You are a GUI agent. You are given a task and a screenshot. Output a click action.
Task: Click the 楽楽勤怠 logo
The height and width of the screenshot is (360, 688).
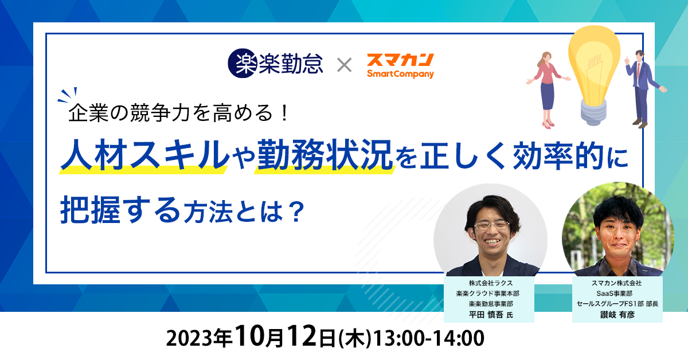[x=275, y=63]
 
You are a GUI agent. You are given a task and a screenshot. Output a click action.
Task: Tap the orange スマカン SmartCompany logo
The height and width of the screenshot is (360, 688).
[x=400, y=66]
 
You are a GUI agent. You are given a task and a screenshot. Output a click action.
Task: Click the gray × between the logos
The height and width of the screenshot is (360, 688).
[x=345, y=65]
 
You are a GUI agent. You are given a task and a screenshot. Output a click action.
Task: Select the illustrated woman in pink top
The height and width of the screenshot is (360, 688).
[x=548, y=89]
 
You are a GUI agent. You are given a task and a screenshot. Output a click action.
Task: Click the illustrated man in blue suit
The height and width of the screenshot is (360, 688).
[x=643, y=88]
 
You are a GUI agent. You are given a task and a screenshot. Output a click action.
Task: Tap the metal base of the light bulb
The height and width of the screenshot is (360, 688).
[x=593, y=113]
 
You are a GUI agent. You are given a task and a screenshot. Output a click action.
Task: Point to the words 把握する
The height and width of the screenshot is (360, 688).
[x=119, y=210]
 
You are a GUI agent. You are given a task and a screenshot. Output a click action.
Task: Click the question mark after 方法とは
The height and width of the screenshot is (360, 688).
[x=296, y=212]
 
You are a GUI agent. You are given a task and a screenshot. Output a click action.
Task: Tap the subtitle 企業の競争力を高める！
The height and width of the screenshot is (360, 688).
[x=178, y=113]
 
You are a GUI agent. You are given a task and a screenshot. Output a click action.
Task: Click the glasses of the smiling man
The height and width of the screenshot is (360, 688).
[x=492, y=225]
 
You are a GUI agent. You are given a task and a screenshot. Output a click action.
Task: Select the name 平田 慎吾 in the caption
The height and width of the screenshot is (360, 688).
[x=486, y=315]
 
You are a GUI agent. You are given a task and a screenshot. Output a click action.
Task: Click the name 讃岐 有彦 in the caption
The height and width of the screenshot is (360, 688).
[x=617, y=315]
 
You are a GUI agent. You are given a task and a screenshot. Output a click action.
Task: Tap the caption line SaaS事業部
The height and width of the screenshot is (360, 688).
[x=614, y=294]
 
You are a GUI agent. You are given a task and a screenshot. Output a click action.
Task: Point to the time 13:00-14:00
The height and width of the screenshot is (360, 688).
[x=428, y=338]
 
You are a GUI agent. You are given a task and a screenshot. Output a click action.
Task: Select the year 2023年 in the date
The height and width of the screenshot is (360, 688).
[x=199, y=338]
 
